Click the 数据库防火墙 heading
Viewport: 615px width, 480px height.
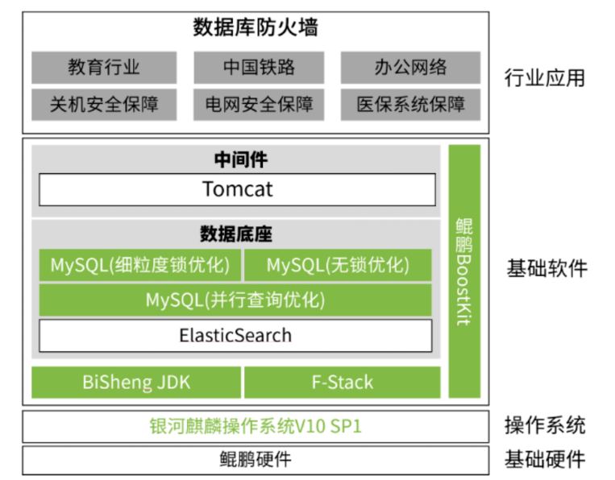click(256, 28)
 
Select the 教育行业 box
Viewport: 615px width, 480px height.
click(104, 68)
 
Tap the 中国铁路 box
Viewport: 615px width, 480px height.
click(259, 68)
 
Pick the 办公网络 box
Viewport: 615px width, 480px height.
click(410, 68)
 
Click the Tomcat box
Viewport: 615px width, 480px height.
click(237, 189)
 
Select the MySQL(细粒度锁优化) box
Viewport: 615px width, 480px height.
click(139, 265)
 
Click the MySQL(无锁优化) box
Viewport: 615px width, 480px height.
click(338, 265)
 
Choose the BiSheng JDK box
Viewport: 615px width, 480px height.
click(136, 382)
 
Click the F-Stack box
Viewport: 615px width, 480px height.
click(342, 382)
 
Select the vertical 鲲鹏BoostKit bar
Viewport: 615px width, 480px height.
click(464, 271)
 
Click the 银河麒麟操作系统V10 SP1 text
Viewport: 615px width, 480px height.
click(256, 426)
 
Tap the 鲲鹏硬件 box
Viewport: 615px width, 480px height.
click(256, 460)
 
